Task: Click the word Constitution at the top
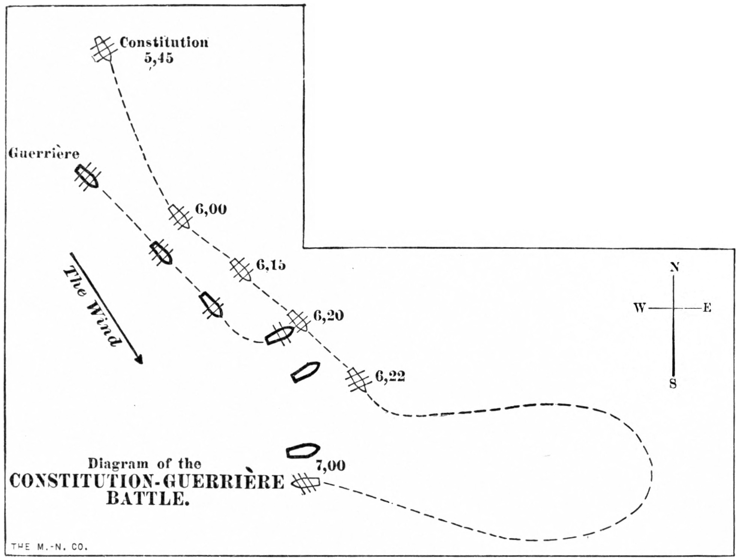click(x=164, y=42)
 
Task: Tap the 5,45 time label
click(x=159, y=58)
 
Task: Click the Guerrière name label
click(x=44, y=153)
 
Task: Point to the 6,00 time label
click(x=211, y=209)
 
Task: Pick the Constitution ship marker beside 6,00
click(x=180, y=217)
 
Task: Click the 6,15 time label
click(x=271, y=265)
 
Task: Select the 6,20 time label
click(x=328, y=316)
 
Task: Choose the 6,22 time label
click(x=390, y=376)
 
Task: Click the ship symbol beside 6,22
click(x=358, y=380)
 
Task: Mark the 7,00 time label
click(x=330, y=465)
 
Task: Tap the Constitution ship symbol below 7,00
click(x=306, y=483)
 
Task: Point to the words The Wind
click(x=92, y=306)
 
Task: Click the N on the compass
click(x=674, y=267)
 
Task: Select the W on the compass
click(x=640, y=308)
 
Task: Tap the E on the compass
click(x=707, y=308)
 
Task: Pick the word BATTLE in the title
click(x=147, y=499)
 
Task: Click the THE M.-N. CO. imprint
click(x=49, y=547)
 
